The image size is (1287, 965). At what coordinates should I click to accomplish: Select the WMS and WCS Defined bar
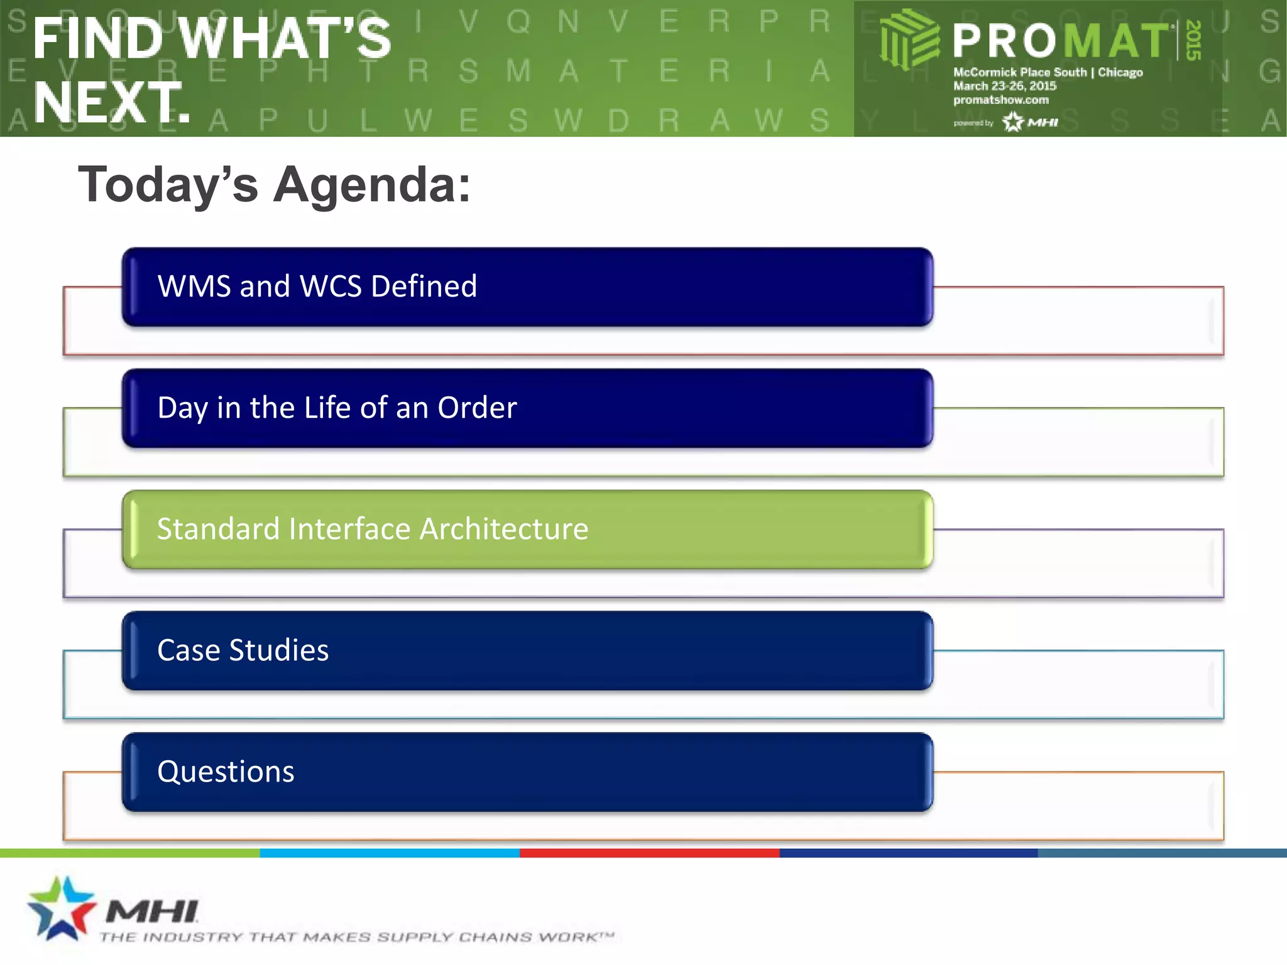click(527, 286)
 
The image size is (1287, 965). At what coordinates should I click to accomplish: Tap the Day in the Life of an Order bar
click(527, 408)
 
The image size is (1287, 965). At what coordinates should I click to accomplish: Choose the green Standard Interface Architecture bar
click(527, 529)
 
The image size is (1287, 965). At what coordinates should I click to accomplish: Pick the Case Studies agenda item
click(527, 650)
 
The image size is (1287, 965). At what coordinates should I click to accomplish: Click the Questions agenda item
click(527, 771)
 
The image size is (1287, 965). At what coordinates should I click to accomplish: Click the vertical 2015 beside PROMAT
click(1193, 40)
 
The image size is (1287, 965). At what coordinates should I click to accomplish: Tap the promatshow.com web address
click(1000, 100)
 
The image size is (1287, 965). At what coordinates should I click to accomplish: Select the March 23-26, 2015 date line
click(1004, 86)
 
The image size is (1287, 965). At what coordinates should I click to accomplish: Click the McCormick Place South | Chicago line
click(1048, 72)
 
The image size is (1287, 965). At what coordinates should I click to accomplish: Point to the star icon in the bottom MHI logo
click(61, 908)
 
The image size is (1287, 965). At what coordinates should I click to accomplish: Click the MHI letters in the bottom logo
click(152, 911)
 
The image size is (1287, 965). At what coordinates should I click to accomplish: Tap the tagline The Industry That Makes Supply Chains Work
click(356, 937)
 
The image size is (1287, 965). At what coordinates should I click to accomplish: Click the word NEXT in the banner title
click(111, 102)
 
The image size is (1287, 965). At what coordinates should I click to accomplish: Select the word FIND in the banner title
click(97, 39)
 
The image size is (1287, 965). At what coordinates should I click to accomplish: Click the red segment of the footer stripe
click(649, 853)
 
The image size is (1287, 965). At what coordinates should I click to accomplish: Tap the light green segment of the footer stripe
click(129, 853)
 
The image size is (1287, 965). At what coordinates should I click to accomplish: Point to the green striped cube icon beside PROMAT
click(908, 39)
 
